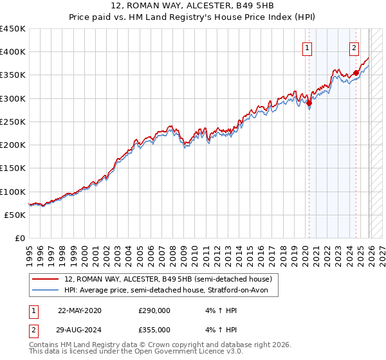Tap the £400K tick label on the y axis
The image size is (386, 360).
(x=13, y=52)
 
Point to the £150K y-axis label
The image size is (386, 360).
(x=13, y=168)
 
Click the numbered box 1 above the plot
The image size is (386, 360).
(x=307, y=48)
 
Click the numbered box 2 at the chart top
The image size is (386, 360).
(x=354, y=48)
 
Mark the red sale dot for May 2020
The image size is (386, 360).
(x=309, y=103)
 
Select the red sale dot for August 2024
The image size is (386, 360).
(x=356, y=73)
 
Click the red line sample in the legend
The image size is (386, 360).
(x=46, y=279)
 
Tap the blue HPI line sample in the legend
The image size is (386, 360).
(x=46, y=290)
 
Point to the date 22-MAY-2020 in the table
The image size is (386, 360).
(x=79, y=310)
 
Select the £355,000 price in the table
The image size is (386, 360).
(x=154, y=329)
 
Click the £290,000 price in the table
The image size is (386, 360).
(x=154, y=310)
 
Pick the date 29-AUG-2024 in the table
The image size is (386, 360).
(x=79, y=329)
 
